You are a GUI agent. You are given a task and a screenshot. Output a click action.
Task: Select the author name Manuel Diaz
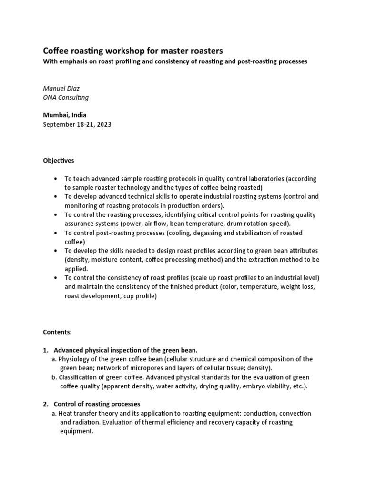click(x=61, y=89)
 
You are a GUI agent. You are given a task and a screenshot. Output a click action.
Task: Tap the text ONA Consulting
click(x=66, y=97)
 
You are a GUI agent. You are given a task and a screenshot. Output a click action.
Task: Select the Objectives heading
click(x=59, y=161)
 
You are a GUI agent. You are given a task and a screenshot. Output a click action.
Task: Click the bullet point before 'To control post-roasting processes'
click(x=56, y=233)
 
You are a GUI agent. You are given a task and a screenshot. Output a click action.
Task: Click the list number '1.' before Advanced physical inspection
click(x=46, y=350)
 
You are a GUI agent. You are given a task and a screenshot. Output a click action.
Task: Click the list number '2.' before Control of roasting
click(x=46, y=404)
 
